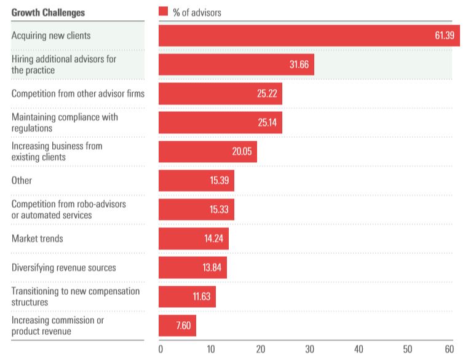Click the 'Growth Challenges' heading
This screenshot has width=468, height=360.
pos(48,12)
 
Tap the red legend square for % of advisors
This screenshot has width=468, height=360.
pos(163,12)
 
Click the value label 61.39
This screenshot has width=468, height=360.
pos(443,35)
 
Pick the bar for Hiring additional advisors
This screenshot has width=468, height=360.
pos(236,65)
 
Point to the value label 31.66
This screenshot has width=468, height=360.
pos(299,65)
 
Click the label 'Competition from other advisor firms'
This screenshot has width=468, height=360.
pos(77,93)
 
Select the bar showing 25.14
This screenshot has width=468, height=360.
pos(220,122)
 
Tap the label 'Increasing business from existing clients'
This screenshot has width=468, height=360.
pos(57,152)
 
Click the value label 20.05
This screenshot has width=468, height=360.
pos(242,152)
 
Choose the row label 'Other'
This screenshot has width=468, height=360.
pos(22,181)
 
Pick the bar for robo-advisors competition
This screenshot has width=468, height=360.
pos(196,209)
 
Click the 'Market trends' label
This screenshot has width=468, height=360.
pos(37,238)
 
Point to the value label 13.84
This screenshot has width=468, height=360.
pos(213,268)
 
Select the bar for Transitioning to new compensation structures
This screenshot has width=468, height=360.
pos(187,297)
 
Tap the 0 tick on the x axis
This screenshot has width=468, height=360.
pos(161,350)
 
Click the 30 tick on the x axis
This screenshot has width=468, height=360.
pos(309,350)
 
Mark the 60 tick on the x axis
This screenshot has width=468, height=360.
pos(450,350)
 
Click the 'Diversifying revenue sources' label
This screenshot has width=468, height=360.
pos(63,268)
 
